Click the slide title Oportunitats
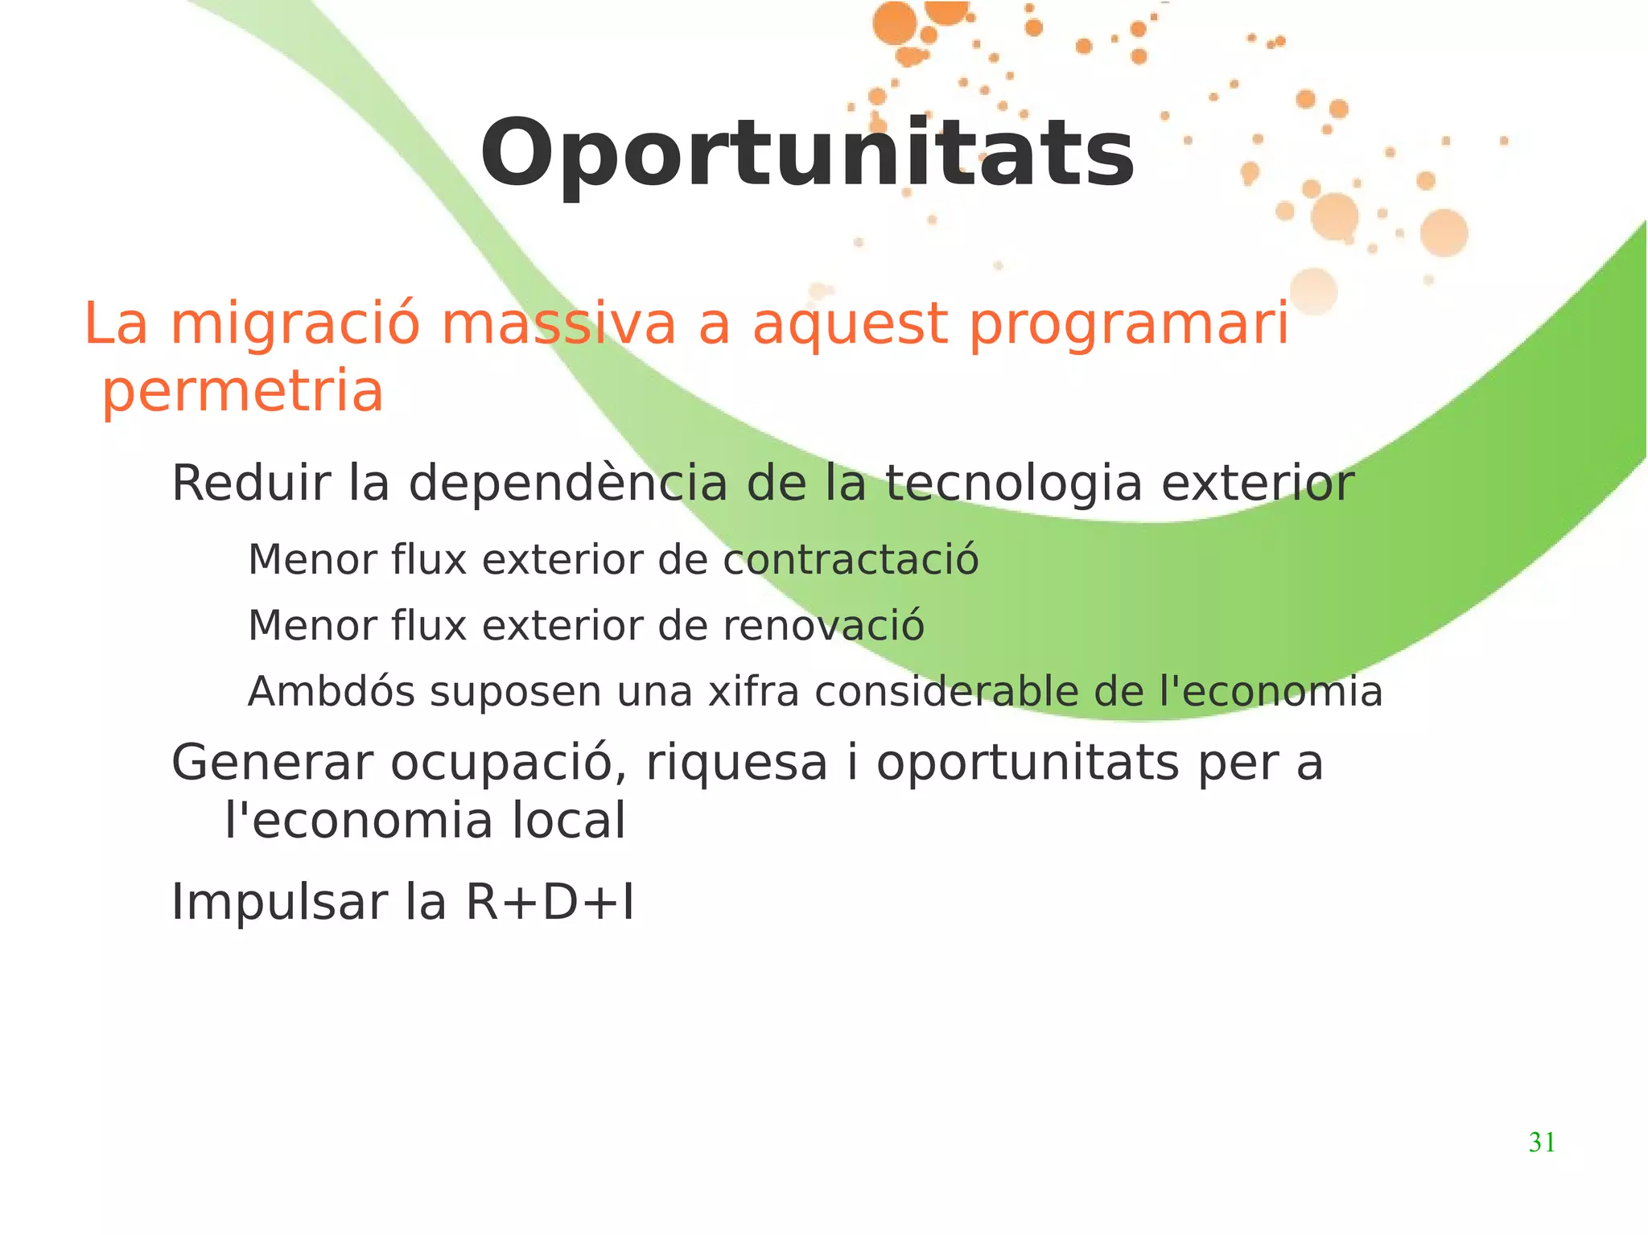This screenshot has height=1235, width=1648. [x=807, y=153]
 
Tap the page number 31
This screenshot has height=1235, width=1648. [x=1542, y=1142]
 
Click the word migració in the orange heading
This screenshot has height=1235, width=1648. [x=295, y=324]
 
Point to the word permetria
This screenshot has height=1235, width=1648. [x=242, y=393]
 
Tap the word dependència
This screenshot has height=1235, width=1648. [x=567, y=484]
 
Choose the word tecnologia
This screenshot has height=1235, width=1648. [x=1014, y=485]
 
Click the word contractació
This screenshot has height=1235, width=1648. [x=851, y=560]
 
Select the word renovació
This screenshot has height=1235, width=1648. [x=823, y=626]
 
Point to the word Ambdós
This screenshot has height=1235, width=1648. [x=332, y=691]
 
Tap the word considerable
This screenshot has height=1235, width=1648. [x=946, y=692]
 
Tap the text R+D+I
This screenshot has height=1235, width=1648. [x=550, y=903]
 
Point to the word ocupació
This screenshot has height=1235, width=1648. [x=509, y=764]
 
